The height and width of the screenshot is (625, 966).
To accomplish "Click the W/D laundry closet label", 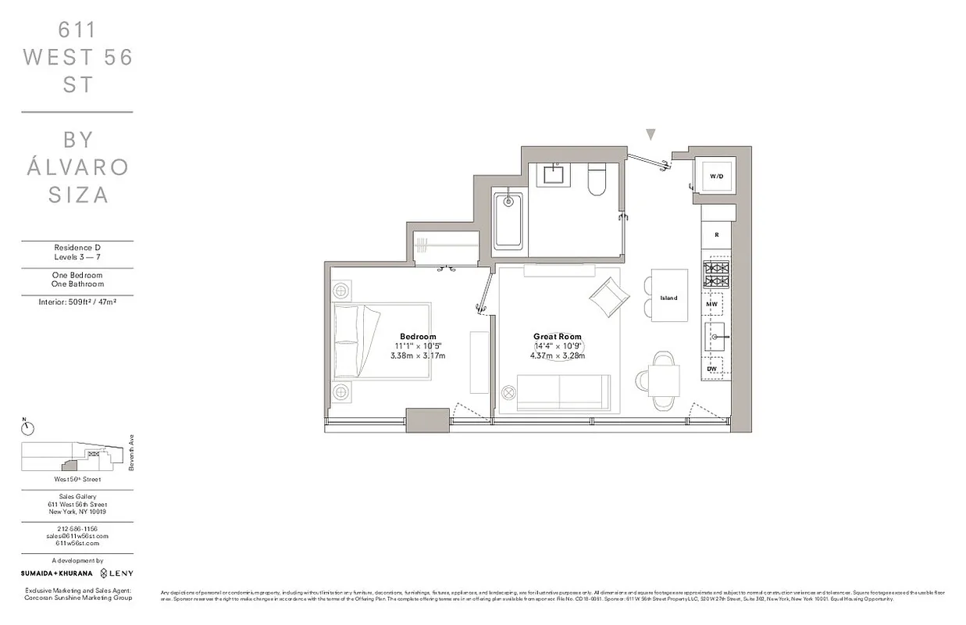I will pyautogui.click(x=716, y=177).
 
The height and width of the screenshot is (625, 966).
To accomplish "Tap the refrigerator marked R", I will pyautogui.click(x=716, y=234).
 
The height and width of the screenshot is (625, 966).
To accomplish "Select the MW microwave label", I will pyautogui.click(x=711, y=303).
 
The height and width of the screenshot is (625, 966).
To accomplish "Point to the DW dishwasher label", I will pyautogui.click(x=711, y=367).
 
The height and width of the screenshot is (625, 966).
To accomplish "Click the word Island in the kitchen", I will pyautogui.click(x=668, y=298).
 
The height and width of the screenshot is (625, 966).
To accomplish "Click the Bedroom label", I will pyautogui.click(x=418, y=337).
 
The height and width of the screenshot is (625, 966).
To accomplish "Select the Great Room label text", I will pyautogui.click(x=558, y=337).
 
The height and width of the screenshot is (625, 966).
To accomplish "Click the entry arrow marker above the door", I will pyautogui.click(x=651, y=135).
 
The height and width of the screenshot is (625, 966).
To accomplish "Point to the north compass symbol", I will pyautogui.click(x=27, y=427).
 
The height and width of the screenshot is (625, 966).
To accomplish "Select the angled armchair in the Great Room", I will pyautogui.click(x=609, y=296).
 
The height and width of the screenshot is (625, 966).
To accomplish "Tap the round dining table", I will pyautogui.click(x=663, y=380).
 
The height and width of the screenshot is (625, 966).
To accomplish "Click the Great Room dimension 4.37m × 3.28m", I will pyautogui.click(x=558, y=355).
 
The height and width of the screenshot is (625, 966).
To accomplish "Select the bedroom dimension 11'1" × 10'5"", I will pyautogui.click(x=418, y=346).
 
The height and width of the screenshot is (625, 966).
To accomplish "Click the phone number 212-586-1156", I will pyautogui.click(x=77, y=529).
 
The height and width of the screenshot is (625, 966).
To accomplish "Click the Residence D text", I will pyautogui.click(x=77, y=247).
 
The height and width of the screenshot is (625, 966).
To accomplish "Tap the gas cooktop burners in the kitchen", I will pyautogui.click(x=716, y=274).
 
